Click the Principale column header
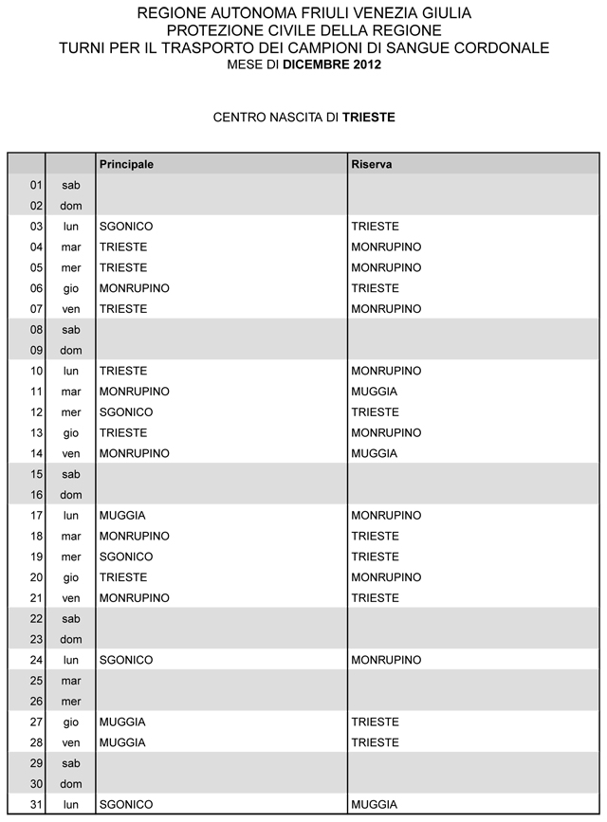[127, 164]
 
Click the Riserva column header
[372, 164]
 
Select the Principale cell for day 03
[126, 227]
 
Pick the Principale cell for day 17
[122, 516]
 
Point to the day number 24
[37, 660]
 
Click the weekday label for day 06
[71, 288]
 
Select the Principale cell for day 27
[122, 722]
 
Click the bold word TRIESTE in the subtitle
[369, 119]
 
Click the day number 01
[37, 185]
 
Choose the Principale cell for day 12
[126, 412]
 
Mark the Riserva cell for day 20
[386, 577]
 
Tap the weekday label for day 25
[71, 681]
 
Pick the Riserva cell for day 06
[375, 288]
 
